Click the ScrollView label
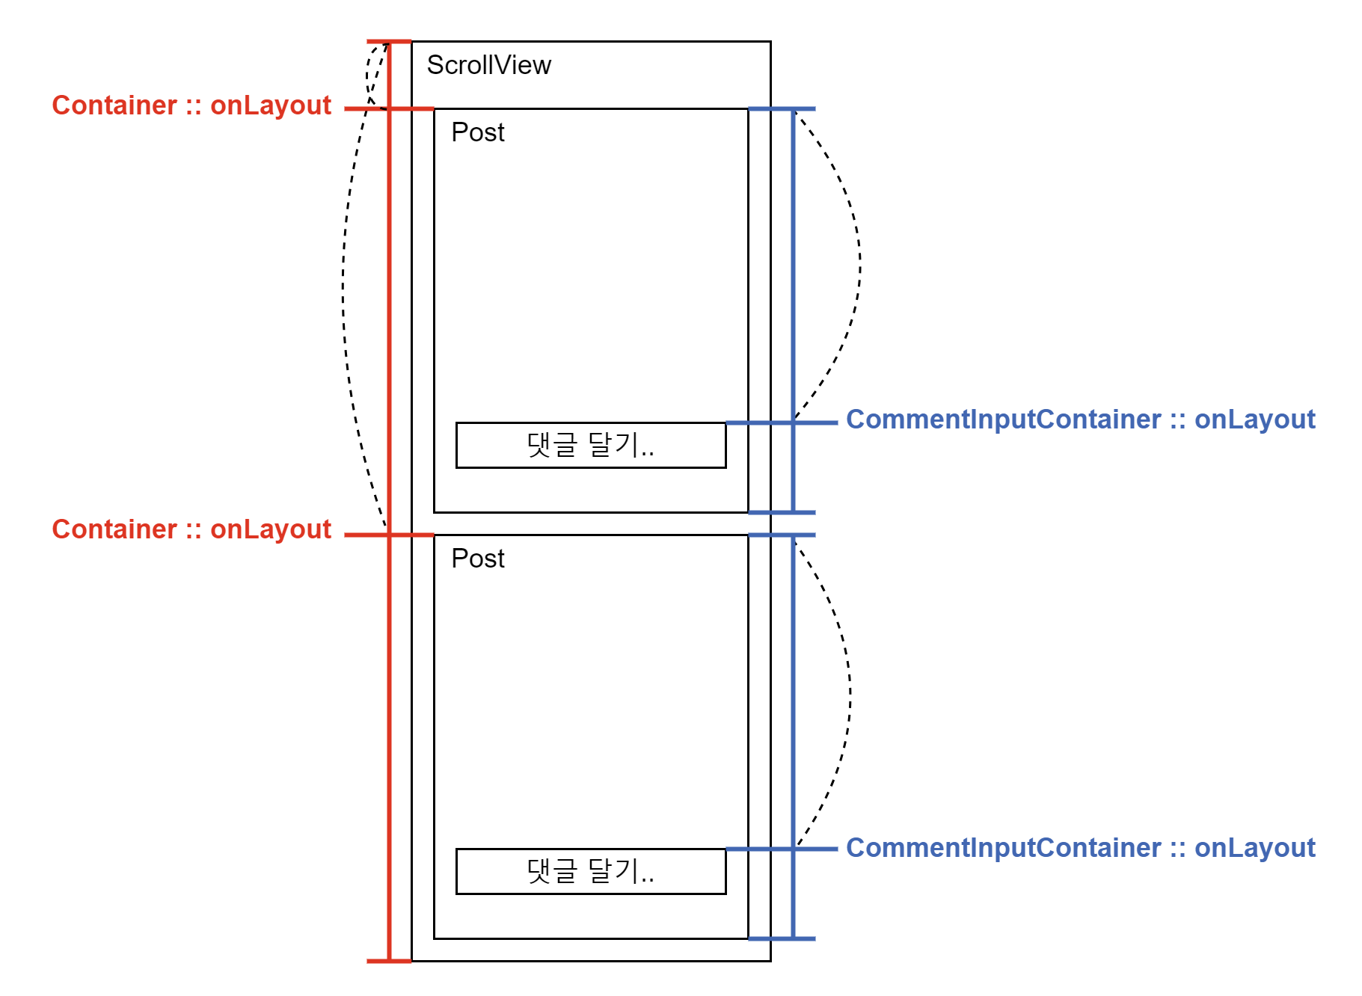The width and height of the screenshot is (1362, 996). coord(488,65)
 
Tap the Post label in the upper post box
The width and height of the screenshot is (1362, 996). coord(478,132)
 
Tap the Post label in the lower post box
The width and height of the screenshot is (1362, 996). coord(478,559)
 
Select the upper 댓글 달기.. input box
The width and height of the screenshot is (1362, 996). coord(590,445)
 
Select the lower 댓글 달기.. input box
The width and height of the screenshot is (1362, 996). coord(590,871)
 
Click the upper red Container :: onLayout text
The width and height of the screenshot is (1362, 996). coord(191,105)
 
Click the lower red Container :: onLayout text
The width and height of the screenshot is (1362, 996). coord(191,529)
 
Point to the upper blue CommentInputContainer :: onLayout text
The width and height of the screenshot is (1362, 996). coord(1080,419)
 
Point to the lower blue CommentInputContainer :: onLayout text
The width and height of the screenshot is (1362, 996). coord(1080,848)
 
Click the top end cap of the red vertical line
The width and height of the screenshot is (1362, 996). coord(389,41)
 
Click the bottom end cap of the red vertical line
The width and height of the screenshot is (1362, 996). coord(389,961)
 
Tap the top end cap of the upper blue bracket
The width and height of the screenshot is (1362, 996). coord(782,109)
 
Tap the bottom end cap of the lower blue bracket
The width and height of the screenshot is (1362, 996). coord(782,938)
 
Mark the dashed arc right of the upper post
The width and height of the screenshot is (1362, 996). coord(859,258)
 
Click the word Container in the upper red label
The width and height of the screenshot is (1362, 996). coord(114,105)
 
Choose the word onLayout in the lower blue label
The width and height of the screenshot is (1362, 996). coord(1254,848)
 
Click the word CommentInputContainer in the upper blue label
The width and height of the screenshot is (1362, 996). coord(1003,419)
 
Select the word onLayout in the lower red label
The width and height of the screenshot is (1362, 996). coord(271,529)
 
